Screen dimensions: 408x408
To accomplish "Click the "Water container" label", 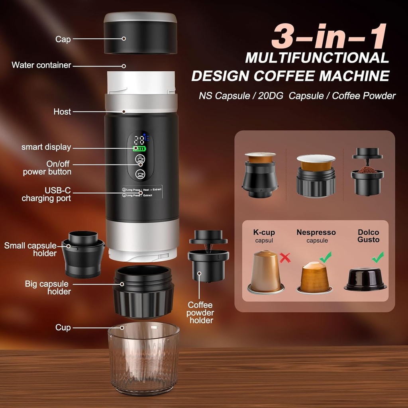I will point(41,65).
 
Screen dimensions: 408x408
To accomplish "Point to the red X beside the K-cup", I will point(285,258).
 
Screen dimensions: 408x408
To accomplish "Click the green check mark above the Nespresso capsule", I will point(325,257).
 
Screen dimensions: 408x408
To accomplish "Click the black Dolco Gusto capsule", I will point(365,279).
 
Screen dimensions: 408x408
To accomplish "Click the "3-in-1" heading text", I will point(328,37).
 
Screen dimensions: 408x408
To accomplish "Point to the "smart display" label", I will point(46,147).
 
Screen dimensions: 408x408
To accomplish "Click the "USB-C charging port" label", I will point(46,194).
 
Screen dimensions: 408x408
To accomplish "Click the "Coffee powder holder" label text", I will point(200,312).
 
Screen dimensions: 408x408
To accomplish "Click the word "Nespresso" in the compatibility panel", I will point(316,232).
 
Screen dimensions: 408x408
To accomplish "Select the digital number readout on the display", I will point(139,140).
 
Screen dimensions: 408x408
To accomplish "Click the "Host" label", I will point(62,112).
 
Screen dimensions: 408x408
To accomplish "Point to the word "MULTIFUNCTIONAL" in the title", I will point(317,58).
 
